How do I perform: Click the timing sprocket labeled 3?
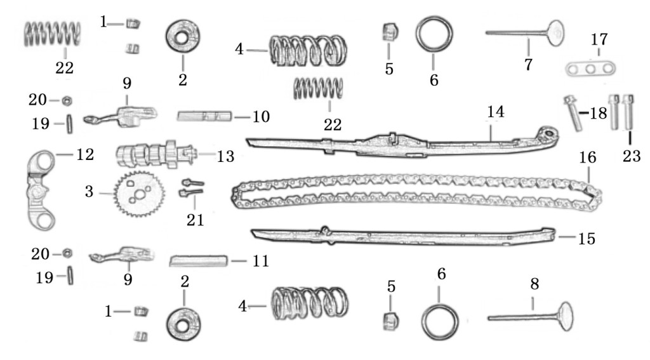(139, 194)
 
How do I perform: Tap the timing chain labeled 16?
(416, 192)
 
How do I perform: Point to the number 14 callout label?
(495, 112)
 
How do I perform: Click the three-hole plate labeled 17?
(590, 69)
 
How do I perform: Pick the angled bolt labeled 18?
(573, 113)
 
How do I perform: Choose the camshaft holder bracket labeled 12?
(42, 190)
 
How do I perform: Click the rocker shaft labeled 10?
(204, 116)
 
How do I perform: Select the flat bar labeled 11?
(199, 262)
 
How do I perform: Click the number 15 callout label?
(587, 239)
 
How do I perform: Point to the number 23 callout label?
(632, 156)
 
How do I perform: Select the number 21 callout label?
(196, 220)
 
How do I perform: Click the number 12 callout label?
(85, 154)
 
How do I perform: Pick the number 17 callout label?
(599, 39)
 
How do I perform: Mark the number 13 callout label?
(225, 156)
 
